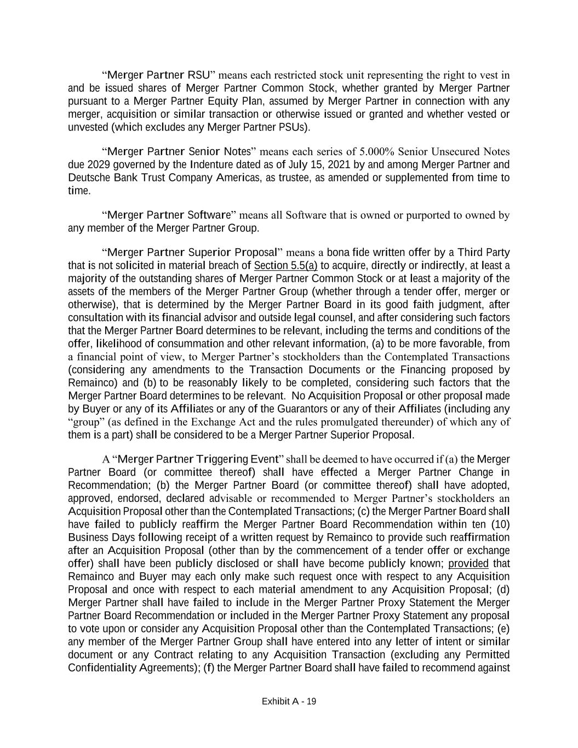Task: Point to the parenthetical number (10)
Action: (x=499, y=524)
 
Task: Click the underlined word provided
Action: (x=468, y=564)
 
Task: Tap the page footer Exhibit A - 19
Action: (x=289, y=701)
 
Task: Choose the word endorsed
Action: (x=148, y=499)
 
